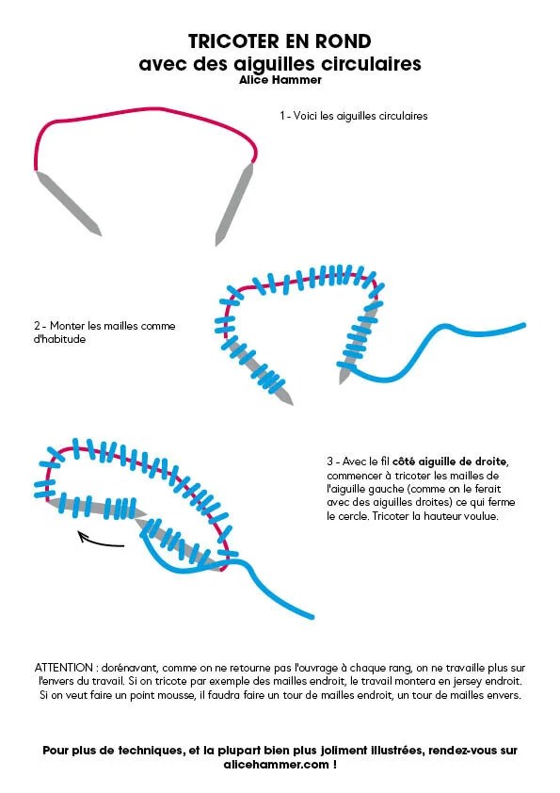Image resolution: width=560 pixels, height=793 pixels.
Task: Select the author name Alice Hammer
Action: click(x=280, y=80)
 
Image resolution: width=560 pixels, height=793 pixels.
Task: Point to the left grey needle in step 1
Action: click(x=69, y=202)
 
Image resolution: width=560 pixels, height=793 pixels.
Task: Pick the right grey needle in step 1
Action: click(x=233, y=204)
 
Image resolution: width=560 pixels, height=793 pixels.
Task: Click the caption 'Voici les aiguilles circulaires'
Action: click(x=360, y=116)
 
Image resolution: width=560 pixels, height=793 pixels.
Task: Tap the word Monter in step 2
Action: click(x=67, y=326)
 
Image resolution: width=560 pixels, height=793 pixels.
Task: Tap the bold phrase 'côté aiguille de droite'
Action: click(x=450, y=461)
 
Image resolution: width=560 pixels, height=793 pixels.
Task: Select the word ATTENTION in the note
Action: click(x=64, y=668)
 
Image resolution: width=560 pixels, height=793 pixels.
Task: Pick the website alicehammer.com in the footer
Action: click(x=276, y=764)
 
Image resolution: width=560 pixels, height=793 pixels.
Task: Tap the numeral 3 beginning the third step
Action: click(x=329, y=461)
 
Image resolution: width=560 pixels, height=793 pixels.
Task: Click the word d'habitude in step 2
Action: click(x=59, y=339)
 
